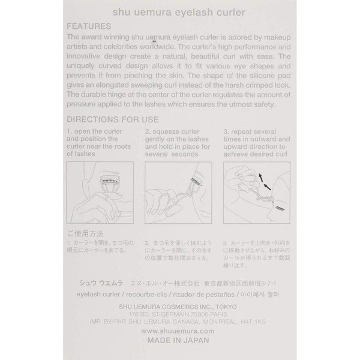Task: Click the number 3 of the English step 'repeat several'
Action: coord(225,131)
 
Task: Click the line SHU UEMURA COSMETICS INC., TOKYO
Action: coord(180,304)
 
